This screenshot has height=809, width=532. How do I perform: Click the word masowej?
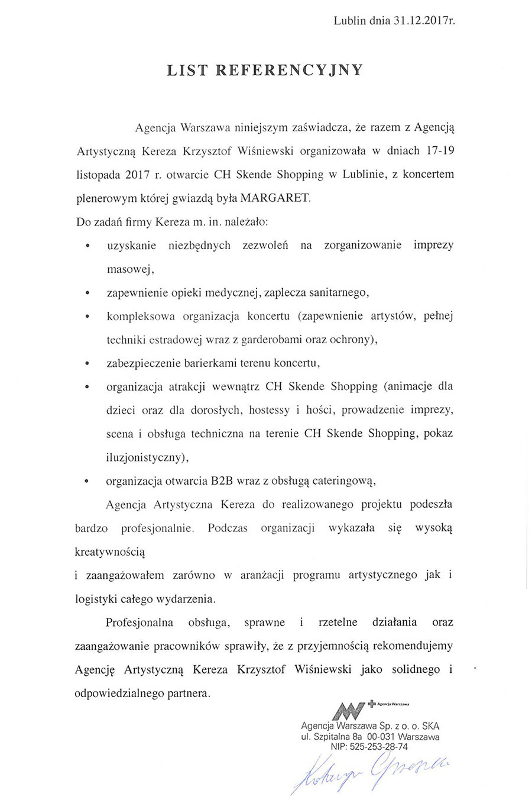(130, 269)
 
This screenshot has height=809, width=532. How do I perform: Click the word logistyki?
(97, 598)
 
